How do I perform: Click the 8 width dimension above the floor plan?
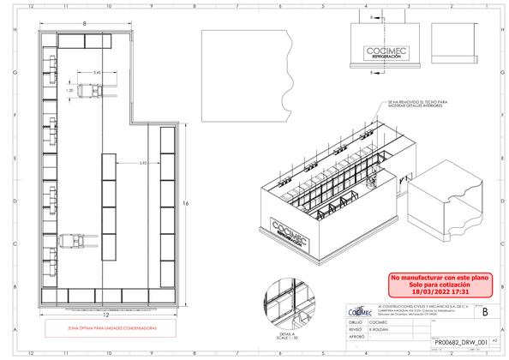[86, 23]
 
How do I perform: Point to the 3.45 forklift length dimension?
[98, 74]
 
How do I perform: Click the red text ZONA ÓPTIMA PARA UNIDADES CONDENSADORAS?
[105, 327]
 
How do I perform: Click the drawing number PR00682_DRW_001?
[459, 341]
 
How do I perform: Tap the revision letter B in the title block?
[487, 313]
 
